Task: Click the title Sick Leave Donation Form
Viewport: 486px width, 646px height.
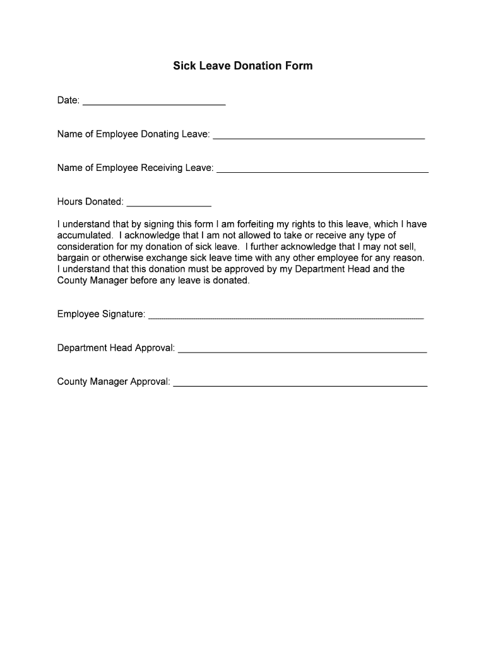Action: tap(243, 66)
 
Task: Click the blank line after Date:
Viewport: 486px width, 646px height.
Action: tap(154, 102)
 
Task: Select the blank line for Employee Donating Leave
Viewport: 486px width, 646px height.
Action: tap(319, 136)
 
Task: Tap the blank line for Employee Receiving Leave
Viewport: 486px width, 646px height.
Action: tap(323, 170)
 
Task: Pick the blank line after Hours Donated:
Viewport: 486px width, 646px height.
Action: tap(169, 204)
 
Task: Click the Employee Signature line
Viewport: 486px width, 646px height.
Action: tap(286, 316)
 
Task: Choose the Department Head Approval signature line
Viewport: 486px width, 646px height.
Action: tap(302, 349)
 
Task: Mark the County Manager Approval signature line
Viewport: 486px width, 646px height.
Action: tap(300, 383)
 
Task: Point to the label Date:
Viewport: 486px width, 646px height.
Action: tap(68, 100)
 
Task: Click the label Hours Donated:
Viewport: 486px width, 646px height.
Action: tap(90, 202)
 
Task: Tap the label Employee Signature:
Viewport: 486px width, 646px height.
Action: tap(101, 314)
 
